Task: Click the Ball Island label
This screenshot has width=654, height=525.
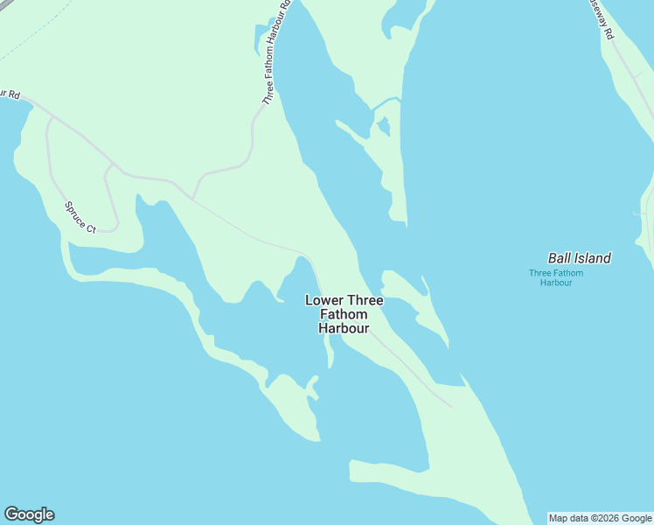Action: pos(579,258)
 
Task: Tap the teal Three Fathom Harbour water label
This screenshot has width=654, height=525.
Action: pos(556,277)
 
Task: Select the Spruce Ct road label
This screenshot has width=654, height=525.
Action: pos(80,217)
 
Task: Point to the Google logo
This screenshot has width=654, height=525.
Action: pos(29,514)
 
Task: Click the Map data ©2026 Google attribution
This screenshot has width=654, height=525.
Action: pos(600,518)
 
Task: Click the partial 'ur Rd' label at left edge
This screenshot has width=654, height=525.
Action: pos(10,93)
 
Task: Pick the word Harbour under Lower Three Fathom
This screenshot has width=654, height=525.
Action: pos(343,329)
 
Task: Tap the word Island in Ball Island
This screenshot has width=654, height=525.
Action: pos(591,258)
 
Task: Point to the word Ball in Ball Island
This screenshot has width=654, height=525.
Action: pos(559,258)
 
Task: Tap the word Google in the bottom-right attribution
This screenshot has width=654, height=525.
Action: pos(637,518)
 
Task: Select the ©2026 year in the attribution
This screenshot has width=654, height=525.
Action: pos(603,518)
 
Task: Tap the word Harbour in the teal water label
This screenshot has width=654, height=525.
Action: pos(556,283)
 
